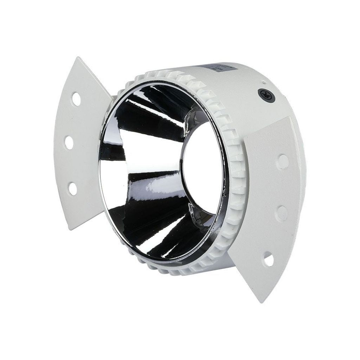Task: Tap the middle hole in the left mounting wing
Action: click(x=69, y=142)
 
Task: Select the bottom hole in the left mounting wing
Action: click(x=73, y=188)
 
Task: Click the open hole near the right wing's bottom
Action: click(x=268, y=260)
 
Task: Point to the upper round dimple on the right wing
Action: click(x=282, y=161)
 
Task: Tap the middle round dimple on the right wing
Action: click(x=281, y=212)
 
